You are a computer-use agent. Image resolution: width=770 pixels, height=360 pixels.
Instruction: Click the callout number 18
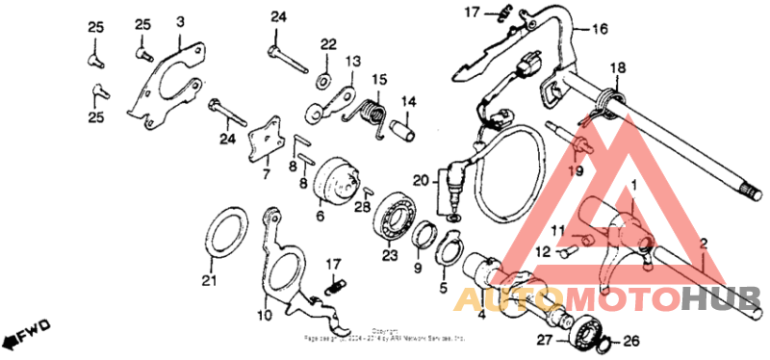coord(617,67)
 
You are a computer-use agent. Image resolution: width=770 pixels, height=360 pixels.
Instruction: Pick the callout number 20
coord(419,181)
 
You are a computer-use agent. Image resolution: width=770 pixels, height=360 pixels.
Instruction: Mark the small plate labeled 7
coord(264,142)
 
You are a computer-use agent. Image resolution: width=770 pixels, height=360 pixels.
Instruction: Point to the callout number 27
coord(543,340)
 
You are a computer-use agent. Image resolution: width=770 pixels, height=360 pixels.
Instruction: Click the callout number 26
coord(630,340)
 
